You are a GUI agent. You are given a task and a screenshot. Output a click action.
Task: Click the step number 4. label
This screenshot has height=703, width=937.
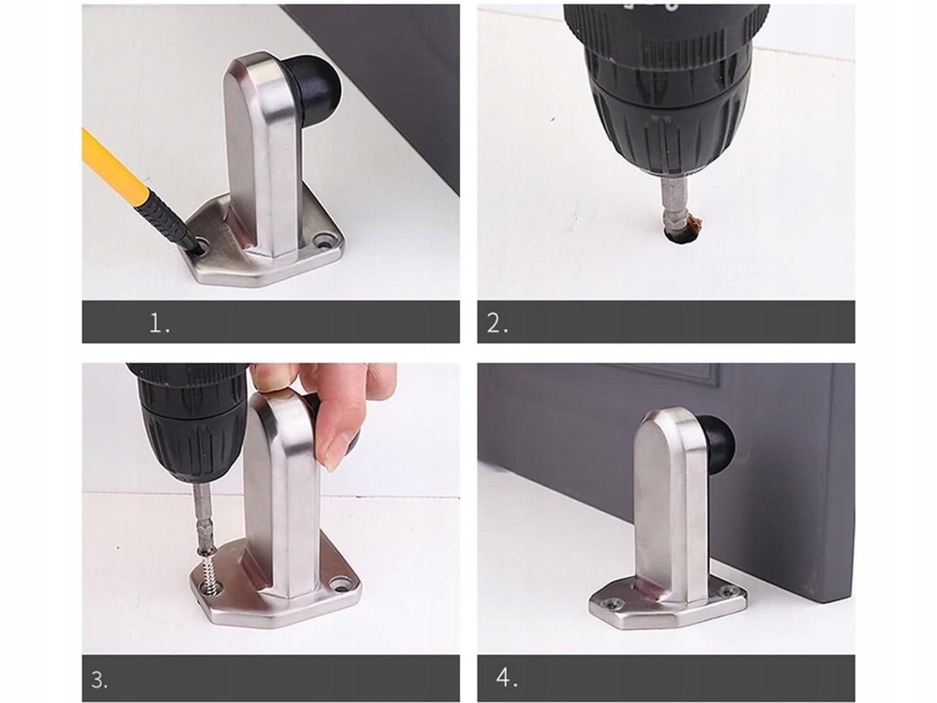[507, 677]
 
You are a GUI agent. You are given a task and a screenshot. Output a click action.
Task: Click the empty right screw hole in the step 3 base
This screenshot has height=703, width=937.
[341, 582]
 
